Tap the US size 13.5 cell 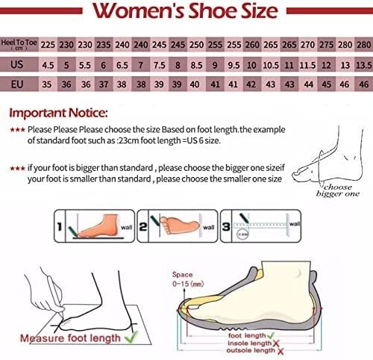[363, 64]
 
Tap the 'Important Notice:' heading [57, 114]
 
